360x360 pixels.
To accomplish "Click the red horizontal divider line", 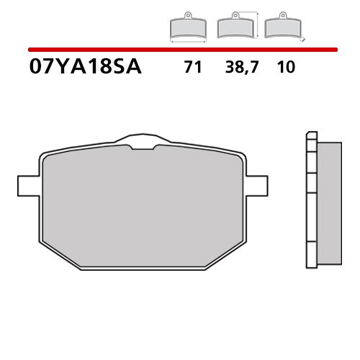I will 180,50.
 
